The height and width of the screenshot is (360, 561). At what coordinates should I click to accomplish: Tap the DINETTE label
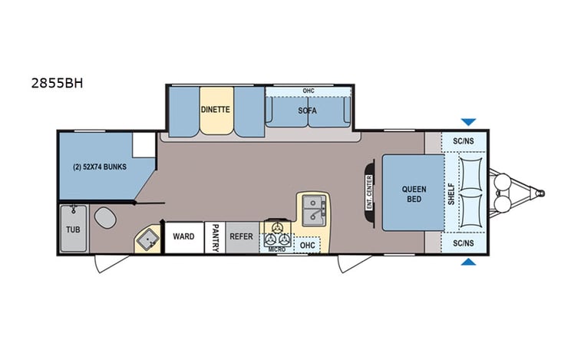[216, 109]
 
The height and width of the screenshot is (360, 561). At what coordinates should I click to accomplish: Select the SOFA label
[308, 111]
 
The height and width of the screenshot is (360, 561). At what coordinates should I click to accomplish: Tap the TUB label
[73, 230]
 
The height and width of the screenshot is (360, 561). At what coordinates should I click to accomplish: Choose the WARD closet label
[183, 236]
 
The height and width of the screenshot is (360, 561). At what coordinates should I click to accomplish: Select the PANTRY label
[216, 237]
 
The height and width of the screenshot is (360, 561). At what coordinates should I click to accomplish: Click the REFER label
[241, 236]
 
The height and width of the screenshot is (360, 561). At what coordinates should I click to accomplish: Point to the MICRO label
[276, 249]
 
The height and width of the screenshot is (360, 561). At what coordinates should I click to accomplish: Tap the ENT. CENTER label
[369, 193]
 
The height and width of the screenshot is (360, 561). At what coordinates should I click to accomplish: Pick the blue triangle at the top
[467, 121]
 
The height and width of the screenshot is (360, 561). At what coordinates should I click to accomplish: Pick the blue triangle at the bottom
[467, 263]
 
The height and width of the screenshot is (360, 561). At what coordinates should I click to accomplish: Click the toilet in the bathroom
[104, 218]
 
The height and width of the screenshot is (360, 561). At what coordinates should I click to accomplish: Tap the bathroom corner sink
[147, 240]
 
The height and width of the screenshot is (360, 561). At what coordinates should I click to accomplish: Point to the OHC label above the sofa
[308, 91]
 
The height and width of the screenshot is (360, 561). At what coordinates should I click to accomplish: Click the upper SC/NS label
[463, 141]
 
